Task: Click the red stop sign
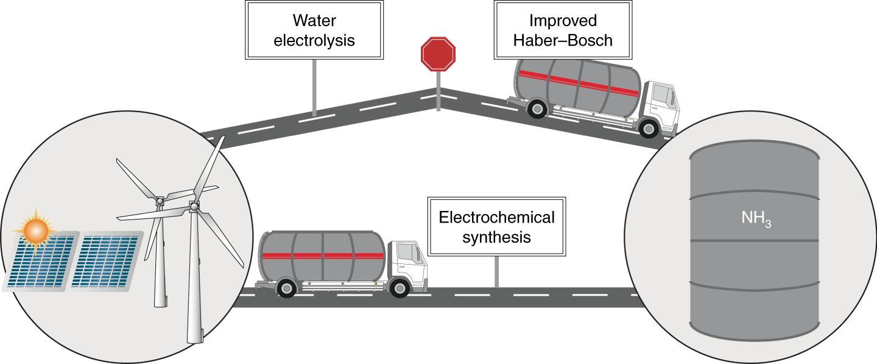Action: (438, 54)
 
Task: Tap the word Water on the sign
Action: (314, 21)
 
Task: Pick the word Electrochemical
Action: (496, 218)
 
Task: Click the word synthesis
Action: (496, 237)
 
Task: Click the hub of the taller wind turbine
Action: (194, 207)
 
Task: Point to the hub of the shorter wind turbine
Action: (160, 201)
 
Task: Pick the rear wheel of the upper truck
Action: (536, 110)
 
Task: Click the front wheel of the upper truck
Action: (648, 128)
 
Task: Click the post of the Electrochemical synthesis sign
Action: (496, 271)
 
